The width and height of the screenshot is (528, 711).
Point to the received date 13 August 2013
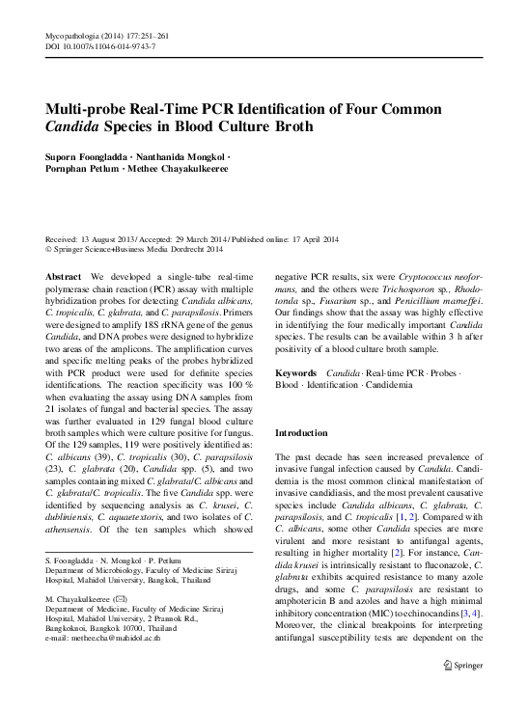[112, 238]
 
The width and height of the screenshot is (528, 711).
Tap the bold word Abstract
[64, 276]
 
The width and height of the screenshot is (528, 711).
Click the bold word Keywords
[297, 371]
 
